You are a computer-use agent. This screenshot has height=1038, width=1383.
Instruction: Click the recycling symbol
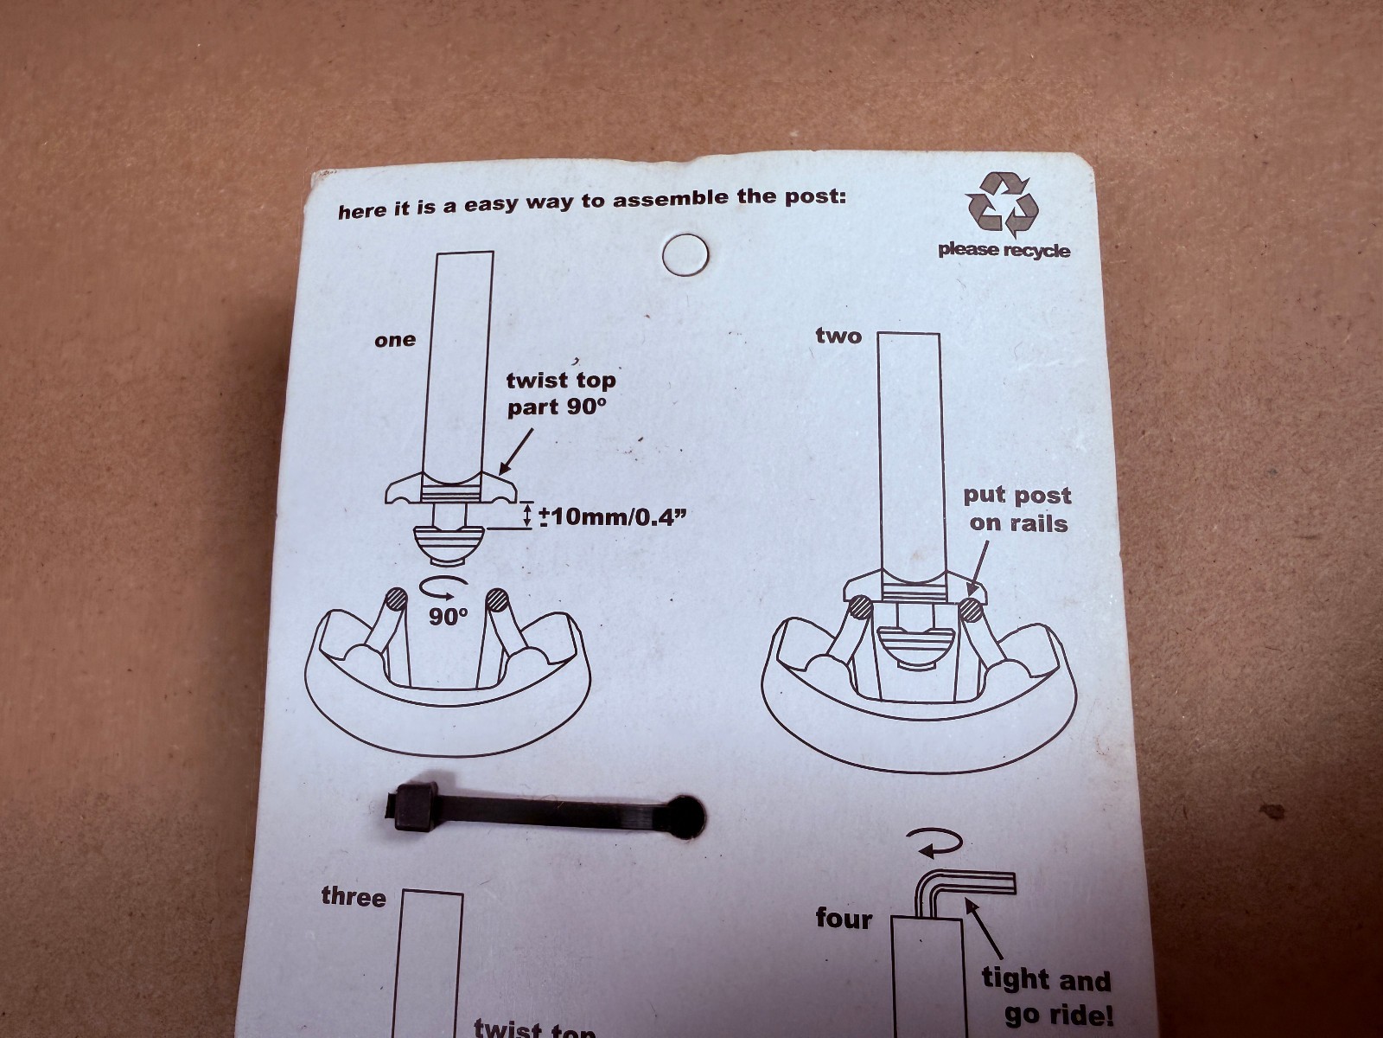1002,205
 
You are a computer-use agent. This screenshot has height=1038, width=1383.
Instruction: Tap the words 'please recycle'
1004,250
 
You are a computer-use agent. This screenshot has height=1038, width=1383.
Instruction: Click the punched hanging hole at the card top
685,254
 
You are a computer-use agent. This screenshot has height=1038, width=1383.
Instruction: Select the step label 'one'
395,340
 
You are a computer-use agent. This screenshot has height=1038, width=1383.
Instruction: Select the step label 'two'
838,336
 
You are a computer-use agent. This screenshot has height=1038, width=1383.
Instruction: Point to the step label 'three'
354,897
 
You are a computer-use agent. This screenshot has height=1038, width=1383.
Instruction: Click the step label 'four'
844,919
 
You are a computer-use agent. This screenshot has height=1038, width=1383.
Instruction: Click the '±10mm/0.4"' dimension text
613,516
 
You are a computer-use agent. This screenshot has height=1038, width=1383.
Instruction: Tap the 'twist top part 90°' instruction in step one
561,394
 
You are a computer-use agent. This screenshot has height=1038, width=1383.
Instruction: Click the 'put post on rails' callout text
1017,509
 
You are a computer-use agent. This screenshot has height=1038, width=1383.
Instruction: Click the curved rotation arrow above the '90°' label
444,586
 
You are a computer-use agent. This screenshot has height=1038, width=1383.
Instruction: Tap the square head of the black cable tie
412,807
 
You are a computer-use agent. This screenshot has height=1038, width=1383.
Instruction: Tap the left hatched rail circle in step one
398,599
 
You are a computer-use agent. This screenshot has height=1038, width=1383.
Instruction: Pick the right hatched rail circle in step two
971,610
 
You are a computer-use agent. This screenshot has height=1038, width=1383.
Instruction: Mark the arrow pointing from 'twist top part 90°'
516,452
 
